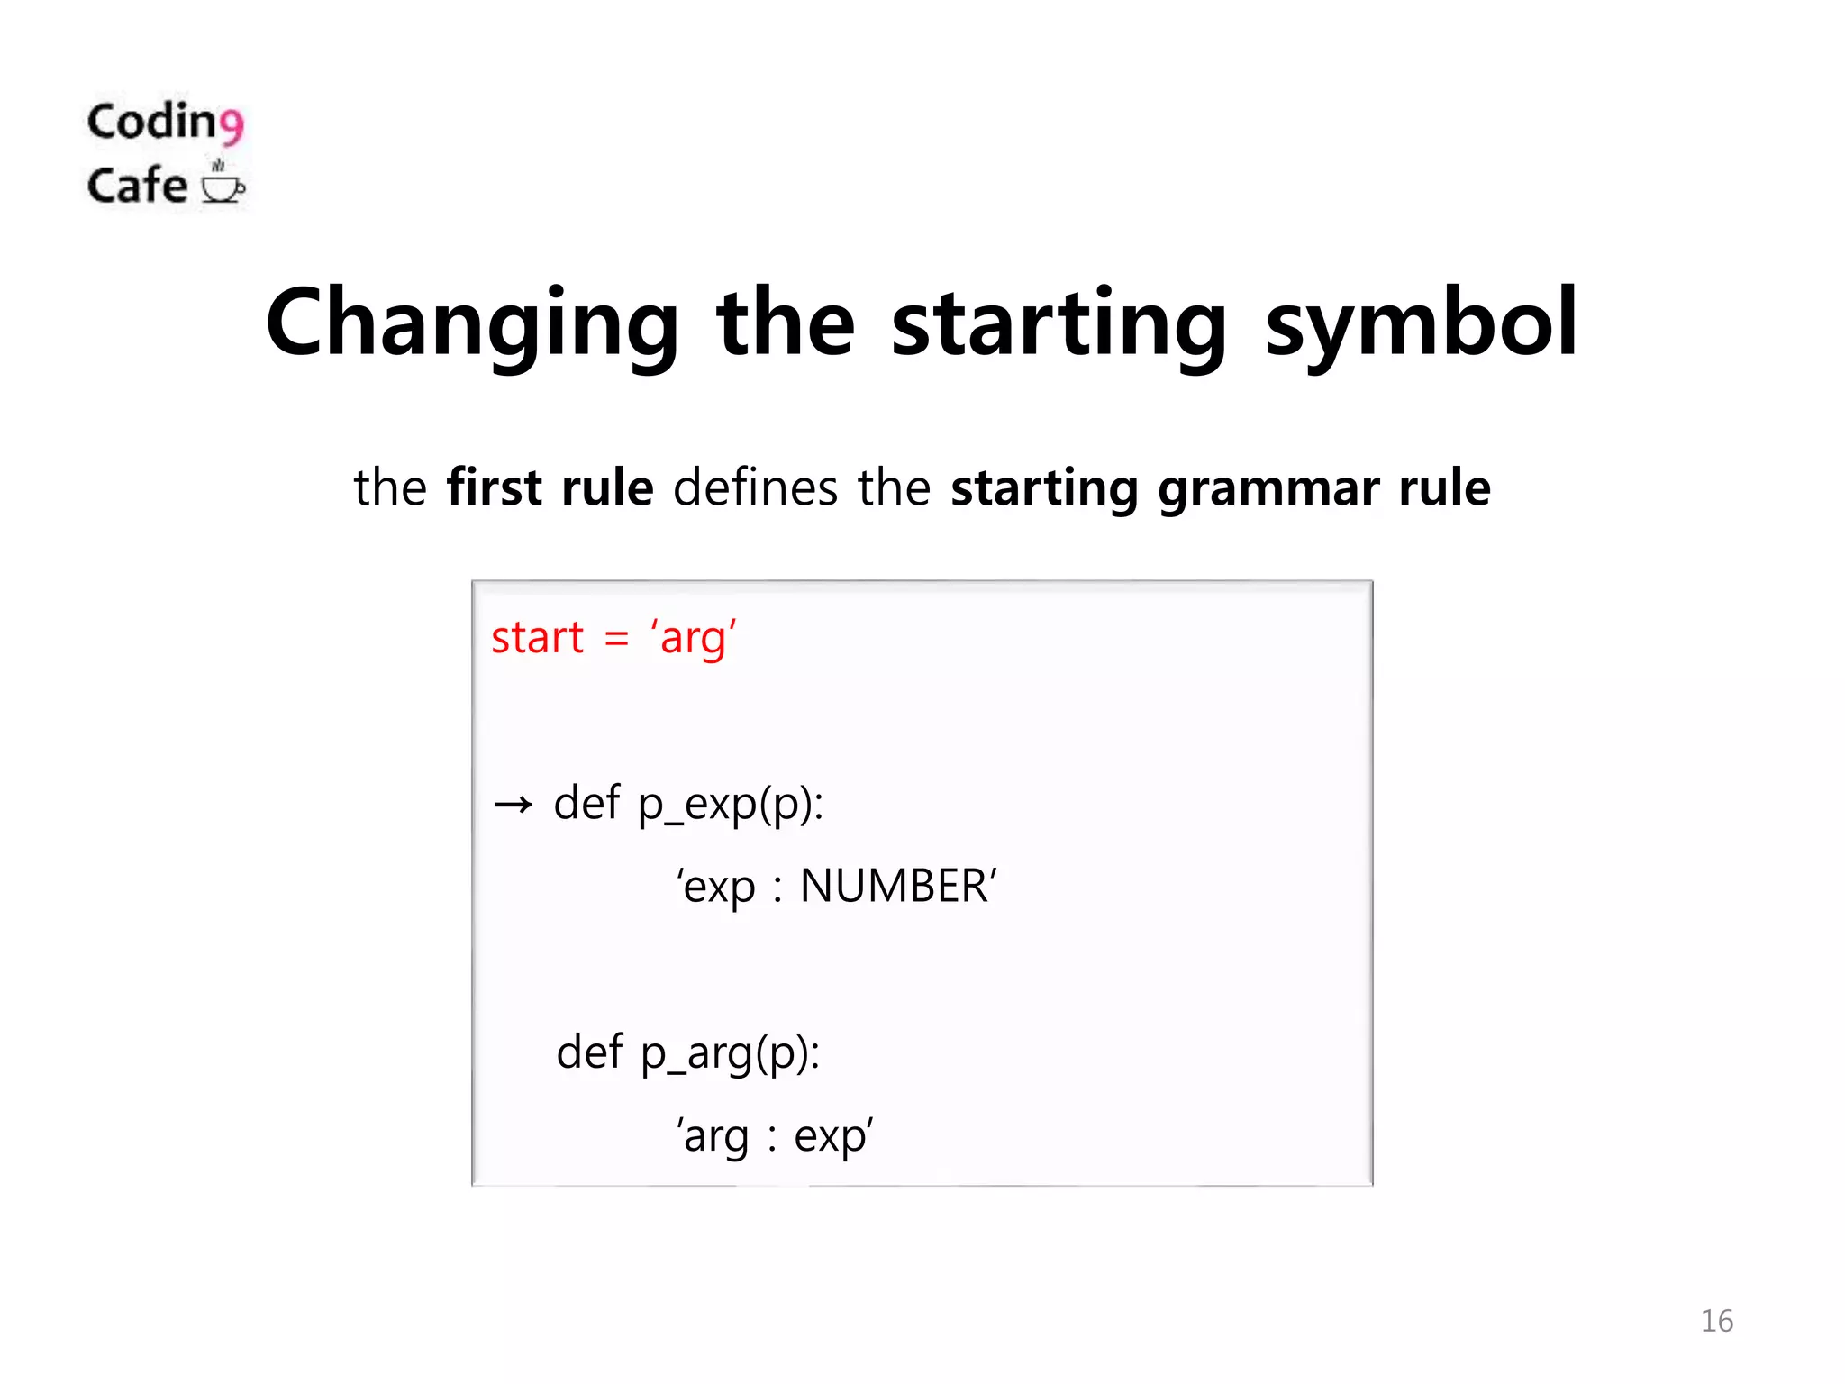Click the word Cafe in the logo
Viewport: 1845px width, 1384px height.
(x=137, y=186)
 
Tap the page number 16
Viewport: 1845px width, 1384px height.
(x=1716, y=1321)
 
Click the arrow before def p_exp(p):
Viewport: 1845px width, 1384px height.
(x=514, y=804)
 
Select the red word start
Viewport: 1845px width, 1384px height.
(x=538, y=638)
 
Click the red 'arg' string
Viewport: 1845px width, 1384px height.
(x=694, y=638)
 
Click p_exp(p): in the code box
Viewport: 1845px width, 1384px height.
(x=731, y=804)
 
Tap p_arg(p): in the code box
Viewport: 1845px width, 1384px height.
(x=731, y=1052)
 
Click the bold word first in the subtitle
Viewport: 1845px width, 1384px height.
(x=494, y=487)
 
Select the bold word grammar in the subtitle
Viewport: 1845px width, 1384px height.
(x=1268, y=489)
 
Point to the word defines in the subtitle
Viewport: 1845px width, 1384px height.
(x=755, y=487)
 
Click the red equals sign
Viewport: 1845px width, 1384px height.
(x=616, y=638)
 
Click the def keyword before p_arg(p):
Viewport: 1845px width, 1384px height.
(x=589, y=1052)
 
